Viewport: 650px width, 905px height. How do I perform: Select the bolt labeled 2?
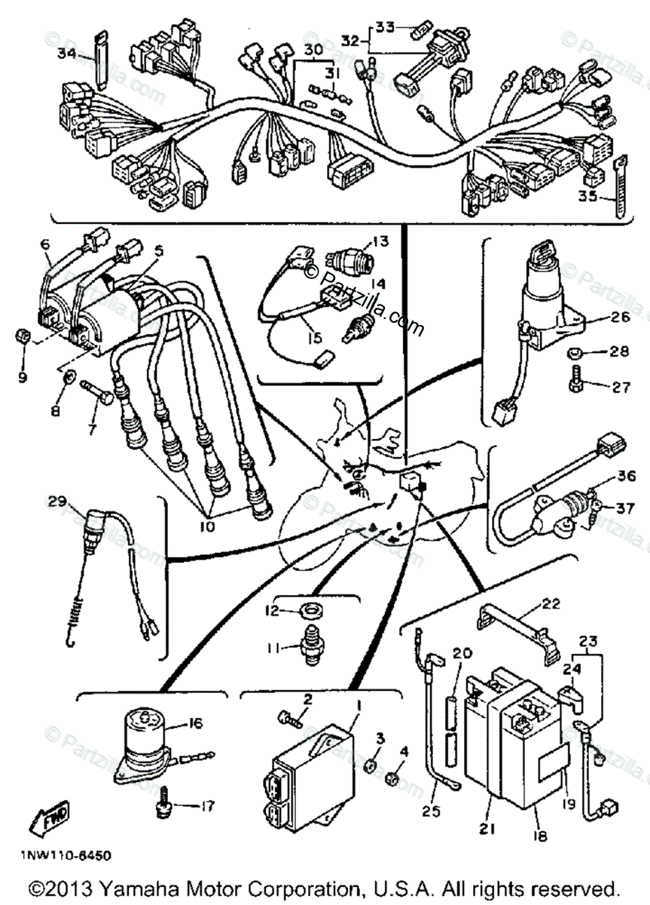290,715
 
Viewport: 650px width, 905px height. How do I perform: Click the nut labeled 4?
393,776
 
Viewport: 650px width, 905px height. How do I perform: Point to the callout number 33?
385,27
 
